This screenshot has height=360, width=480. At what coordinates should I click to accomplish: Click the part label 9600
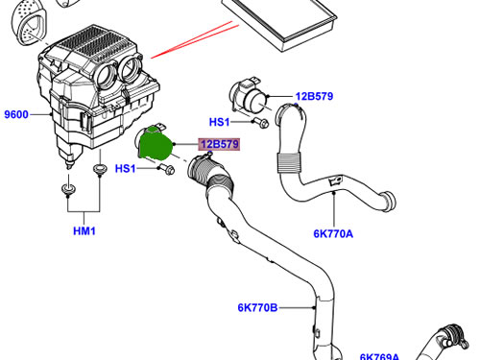tap(16, 114)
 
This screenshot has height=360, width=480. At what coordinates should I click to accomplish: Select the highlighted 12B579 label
tap(220, 144)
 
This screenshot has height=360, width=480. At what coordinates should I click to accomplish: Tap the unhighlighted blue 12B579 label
tap(314, 96)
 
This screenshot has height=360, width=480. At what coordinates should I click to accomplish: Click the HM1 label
tap(84, 230)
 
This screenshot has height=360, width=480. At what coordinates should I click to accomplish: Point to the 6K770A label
tap(333, 233)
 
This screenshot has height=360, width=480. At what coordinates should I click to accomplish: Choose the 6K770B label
tap(257, 307)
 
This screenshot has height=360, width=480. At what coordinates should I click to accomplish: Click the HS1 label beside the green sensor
tap(125, 168)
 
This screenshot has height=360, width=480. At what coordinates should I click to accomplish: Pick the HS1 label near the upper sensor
tap(219, 122)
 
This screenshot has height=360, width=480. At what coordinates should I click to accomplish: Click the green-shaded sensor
tap(156, 143)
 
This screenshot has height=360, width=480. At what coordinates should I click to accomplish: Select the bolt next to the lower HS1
tap(167, 169)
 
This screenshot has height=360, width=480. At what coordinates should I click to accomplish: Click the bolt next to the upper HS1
tap(260, 123)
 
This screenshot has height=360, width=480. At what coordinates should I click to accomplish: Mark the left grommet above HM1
tap(68, 189)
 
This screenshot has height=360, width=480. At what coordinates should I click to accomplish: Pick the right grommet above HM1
tap(100, 169)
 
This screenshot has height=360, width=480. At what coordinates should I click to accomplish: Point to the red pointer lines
tap(195, 39)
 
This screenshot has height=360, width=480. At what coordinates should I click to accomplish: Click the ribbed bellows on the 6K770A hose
tap(289, 163)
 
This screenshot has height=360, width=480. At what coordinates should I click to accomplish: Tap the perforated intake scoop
tap(29, 22)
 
